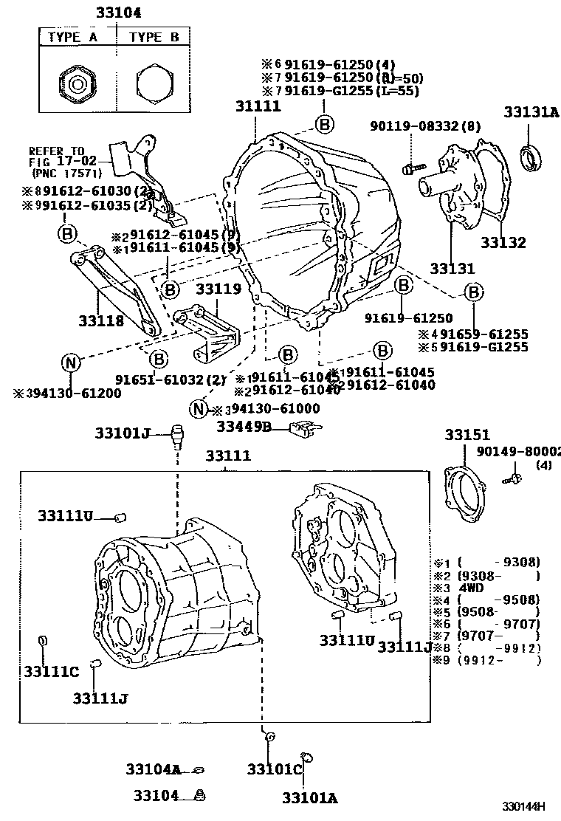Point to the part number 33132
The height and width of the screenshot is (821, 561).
[503, 242]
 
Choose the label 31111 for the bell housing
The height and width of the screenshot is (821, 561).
[258, 106]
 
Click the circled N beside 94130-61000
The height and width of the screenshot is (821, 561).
[198, 408]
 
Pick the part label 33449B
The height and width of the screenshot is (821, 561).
[244, 426]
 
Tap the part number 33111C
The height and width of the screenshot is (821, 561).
[50, 671]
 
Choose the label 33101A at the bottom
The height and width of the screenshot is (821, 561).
[309, 797]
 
